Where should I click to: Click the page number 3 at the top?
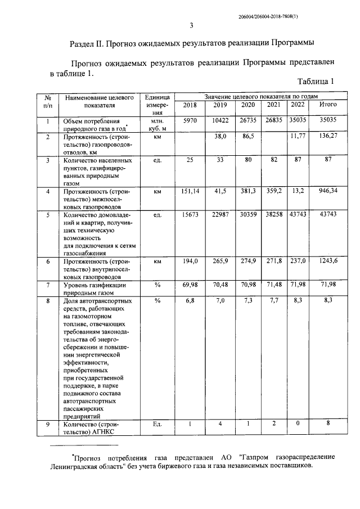(191, 25)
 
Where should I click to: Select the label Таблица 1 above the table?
(316, 82)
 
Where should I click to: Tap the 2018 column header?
(191, 105)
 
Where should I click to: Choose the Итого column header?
(327, 105)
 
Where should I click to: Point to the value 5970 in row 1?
(191, 120)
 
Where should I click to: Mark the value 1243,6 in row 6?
(327, 262)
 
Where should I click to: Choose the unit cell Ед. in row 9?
(157, 424)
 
